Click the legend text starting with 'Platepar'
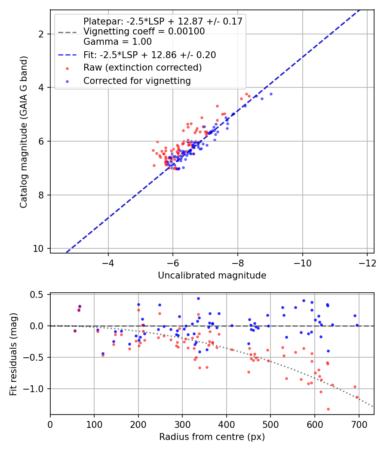163,21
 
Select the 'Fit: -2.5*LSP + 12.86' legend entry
150,55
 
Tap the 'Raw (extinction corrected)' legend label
142,68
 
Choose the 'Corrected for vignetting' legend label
137,80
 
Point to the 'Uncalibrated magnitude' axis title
212,276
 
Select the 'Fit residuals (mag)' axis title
13,354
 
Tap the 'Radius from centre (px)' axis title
212,437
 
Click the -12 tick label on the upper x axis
367,263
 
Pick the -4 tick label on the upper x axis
108,263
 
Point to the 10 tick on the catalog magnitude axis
41,249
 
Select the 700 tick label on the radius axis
359,424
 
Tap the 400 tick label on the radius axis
226,424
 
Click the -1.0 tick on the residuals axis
37,389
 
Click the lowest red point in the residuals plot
328,409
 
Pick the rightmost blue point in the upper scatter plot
271,94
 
